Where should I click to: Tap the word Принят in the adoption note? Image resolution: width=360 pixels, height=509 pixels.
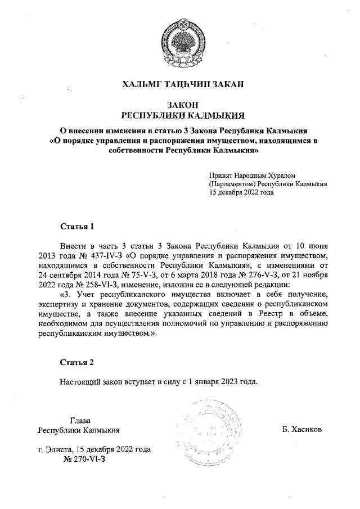[220, 175]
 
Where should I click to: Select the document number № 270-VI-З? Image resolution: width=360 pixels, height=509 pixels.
[85, 460]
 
